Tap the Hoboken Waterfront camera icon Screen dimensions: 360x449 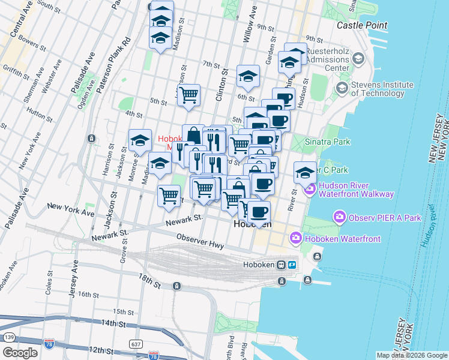(x=295, y=239)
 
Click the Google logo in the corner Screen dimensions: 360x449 (x=20, y=352)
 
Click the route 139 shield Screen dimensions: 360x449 (x=8, y=338)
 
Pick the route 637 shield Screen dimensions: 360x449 (x=136, y=343)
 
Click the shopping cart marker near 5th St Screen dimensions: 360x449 (x=189, y=94)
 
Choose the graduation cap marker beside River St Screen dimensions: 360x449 (x=305, y=172)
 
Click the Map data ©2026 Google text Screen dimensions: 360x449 (x=411, y=355)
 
